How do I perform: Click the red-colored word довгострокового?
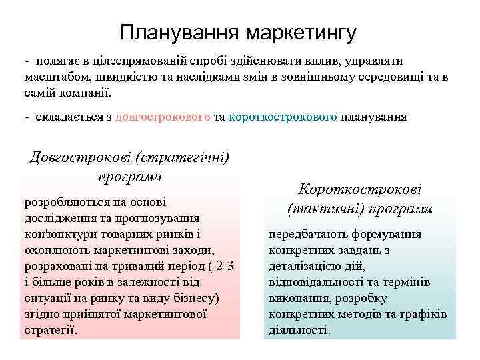point(163,117)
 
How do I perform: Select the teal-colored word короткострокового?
point(283,117)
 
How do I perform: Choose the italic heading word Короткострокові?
point(360,190)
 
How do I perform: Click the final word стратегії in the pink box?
point(49,329)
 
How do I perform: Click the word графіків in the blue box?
point(424,314)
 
